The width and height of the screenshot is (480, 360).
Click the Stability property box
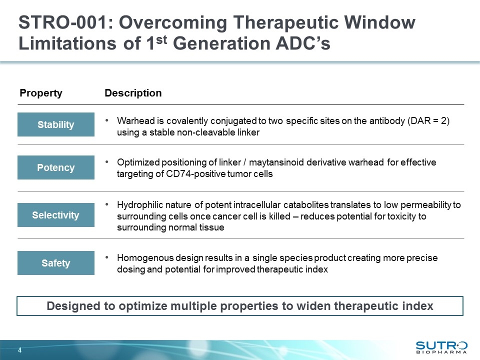coord(55,124)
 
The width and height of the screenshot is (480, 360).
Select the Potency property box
coord(55,167)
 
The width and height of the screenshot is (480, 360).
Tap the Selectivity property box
coord(55,215)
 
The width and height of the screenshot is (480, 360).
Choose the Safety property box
coord(55,263)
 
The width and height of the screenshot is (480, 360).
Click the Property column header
coord(41,93)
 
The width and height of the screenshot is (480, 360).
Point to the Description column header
coord(133,93)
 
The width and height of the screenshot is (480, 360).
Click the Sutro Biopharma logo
coord(441,348)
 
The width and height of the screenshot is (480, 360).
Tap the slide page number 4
coord(20,350)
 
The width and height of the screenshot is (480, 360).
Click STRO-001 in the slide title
coord(63,22)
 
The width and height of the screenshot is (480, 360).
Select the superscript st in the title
coord(161,39)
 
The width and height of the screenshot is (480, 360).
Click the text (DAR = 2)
coord(428,121)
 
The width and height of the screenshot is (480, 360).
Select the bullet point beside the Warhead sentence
coord(107,120)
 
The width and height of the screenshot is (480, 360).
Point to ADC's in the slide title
coord(303,43)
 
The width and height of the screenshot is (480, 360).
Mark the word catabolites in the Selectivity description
coord(306,205)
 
